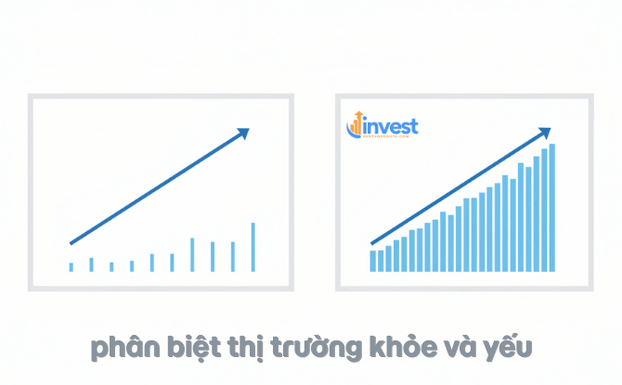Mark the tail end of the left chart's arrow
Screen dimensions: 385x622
click(x=71, y=243)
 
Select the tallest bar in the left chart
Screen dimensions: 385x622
click(x=253, y=247)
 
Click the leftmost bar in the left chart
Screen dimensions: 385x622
click(x=71, y=267)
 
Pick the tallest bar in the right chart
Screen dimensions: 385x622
click(x=552, y=208)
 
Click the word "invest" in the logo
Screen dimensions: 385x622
click(x=392, y=124)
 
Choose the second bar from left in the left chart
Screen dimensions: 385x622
click(x=91, y=264)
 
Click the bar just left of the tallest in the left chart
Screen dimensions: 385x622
click(x=232, y=256)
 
